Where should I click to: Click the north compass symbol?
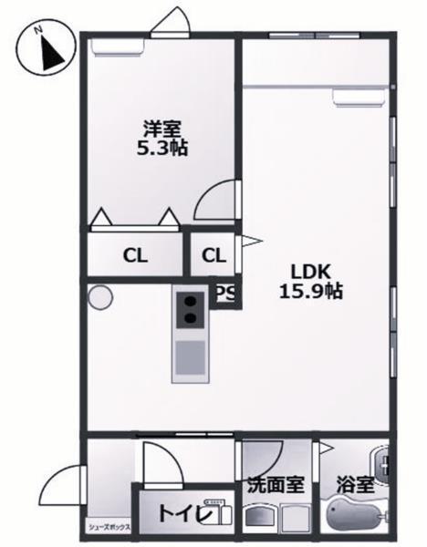coord(44,52)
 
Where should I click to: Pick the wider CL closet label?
coord(136,254)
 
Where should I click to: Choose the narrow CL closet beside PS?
coord(213,254)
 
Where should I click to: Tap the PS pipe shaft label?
coord(226,294)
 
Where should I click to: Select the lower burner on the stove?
coord(191,318)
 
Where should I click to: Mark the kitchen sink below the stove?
coord(190,356)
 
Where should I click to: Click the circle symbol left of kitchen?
coord(100,297)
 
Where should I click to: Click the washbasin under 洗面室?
coord(266,517)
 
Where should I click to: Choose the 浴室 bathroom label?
coord(354,486)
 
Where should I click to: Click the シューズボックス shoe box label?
coord(109,527)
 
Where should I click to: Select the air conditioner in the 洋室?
coord(116,46)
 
